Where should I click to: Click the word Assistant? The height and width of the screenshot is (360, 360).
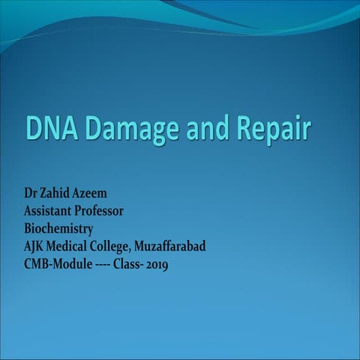click(x=51, y=211)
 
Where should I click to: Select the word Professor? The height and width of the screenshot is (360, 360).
click(x=103, y=211)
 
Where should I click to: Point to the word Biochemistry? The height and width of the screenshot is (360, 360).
click(x=58, y=229)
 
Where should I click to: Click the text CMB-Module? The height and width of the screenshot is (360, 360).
click(x=58, y=264)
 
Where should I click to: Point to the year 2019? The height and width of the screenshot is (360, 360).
click(x=157, y=264)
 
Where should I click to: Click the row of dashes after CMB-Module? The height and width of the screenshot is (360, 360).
click(x=102, y=265)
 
